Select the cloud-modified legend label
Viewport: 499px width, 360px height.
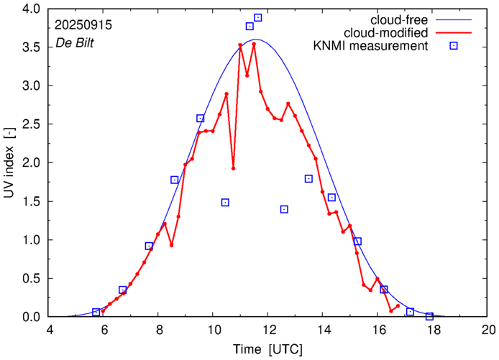pos(387,32)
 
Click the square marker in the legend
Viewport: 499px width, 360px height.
pos(454,46)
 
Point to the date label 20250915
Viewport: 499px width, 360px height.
pos(82,24)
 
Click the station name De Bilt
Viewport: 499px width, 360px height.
pos(75,43)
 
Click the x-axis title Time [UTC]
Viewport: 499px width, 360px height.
pos(268,349)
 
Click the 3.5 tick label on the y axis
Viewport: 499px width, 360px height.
pos(30,47)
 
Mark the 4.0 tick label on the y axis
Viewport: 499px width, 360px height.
pos(30,9)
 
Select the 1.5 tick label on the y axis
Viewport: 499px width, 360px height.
pos(30,201)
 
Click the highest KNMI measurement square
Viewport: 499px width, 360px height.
pos(258,17)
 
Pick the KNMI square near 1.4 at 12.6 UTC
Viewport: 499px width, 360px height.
pos(284,209)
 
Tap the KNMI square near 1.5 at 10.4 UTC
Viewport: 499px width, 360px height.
pos(225,203)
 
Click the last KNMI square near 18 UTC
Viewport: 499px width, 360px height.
pos(429,316)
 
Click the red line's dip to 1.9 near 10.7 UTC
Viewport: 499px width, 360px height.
pos(233,168)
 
